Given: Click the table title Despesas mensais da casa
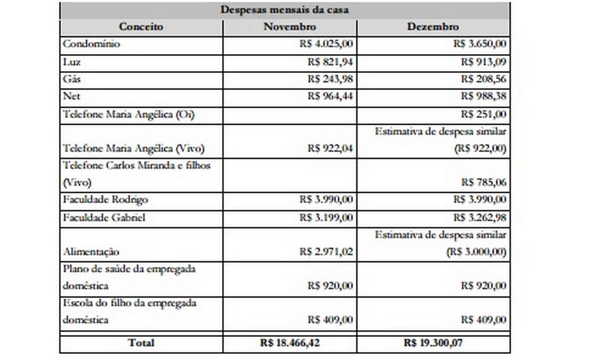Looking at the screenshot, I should [285, 9].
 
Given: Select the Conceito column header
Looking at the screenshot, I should [141, 27].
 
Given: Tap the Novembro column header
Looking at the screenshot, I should [290, 27].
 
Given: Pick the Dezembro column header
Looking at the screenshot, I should [433, 27].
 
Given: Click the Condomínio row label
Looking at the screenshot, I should [91, 44].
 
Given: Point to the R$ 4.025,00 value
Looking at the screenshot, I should [325, 44].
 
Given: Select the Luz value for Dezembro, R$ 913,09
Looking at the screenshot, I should [483, 62].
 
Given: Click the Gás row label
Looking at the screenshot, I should [72, 79].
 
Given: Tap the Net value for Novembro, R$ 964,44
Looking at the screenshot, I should [330, 97].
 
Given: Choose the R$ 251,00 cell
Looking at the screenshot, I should [483, 114].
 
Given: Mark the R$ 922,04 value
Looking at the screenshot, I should [330, 148].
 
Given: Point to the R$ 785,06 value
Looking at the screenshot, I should [483, 182].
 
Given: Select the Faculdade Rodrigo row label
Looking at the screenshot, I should [106, 199].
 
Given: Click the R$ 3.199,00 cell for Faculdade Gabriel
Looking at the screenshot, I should [326, 217].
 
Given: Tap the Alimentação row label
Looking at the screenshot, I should [91, 251].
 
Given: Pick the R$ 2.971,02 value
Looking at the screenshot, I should [326, 251].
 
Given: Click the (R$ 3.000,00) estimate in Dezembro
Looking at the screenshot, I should [476, 251].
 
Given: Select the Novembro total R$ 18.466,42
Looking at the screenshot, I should [290, 343].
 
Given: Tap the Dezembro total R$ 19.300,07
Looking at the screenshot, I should [433, 343].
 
